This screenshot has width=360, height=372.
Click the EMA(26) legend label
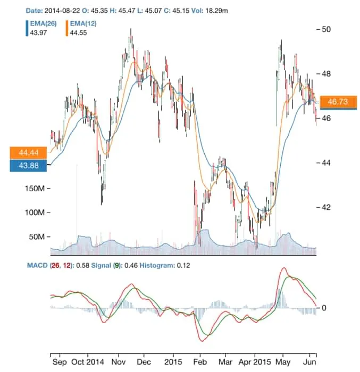(43, 24)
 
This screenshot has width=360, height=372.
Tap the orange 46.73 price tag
(338, 102)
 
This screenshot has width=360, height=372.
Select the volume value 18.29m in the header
(241, 10)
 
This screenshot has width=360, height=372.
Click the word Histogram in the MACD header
(157, 265)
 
